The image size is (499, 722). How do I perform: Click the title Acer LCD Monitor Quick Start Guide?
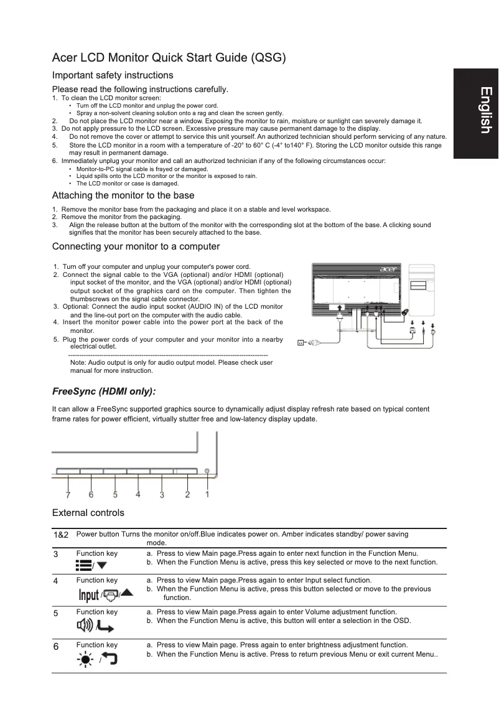tap(169, 59)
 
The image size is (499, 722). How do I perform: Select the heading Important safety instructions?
tap(113, 75)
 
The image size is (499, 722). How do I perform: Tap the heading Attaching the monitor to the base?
tap(123, 195)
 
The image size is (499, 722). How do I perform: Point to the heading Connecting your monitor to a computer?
tap(136, 246)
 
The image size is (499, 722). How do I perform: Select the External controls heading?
tap(88, 513)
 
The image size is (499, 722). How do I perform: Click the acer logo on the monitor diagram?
tap(388, 270)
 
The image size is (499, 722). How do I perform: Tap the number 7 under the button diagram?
tap(68, 495)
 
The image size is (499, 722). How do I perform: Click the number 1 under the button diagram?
tap(207, 495)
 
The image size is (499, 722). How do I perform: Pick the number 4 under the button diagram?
tap(138, 495)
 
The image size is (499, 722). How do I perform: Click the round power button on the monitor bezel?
tap(207, 472)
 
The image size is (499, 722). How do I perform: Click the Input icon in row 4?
tap(88, 596)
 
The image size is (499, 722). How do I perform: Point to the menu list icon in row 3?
tap(83, 565)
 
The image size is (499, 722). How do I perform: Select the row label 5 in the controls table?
tap(56, 613)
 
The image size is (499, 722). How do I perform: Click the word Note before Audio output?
tap(79, 362)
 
